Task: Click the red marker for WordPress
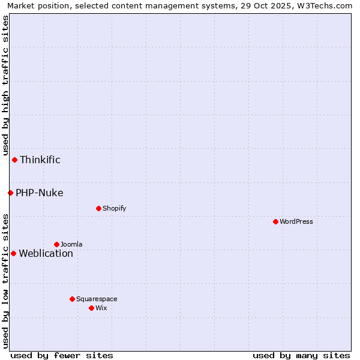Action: (x=275, y=221)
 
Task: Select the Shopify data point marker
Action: (x=98, y=208)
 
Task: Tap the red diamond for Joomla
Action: (x=56, y=244)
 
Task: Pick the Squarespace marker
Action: (x=72, y=299)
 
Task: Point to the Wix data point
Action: (x=91, y=308)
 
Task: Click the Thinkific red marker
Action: (x=14, y=160)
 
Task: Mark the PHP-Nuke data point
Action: (x=10, y=193)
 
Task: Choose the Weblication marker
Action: (x=13, y=253)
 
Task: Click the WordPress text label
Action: (x=296, y=221)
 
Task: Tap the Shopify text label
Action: (x=114, y=208)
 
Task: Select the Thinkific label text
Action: (x=40, y=160)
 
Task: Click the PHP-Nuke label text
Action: (x=40, y=193)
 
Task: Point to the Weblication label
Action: (x=46, y=253)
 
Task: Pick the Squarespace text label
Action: (x=97, y=299)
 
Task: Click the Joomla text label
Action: (x=71, y=244)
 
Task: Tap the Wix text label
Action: (x=101, y=308)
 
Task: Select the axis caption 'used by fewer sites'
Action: (x=62, y=355)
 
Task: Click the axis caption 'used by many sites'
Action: (x=301, y=355)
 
